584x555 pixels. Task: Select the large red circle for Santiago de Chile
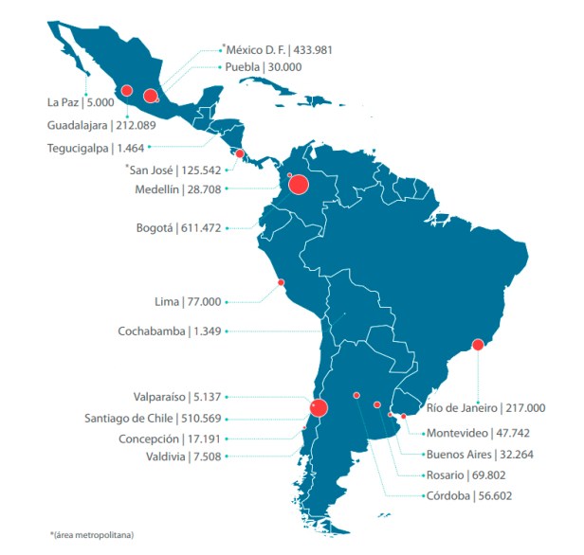[x=319, y=408]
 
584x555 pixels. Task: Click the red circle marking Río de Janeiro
[x=478, y=345]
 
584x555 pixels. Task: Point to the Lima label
[x=170, y=302]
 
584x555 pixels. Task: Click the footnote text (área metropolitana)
[x=95, y=536]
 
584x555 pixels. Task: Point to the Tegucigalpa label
[x=77, y=148]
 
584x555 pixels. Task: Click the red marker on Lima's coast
[x=281, y=282]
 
